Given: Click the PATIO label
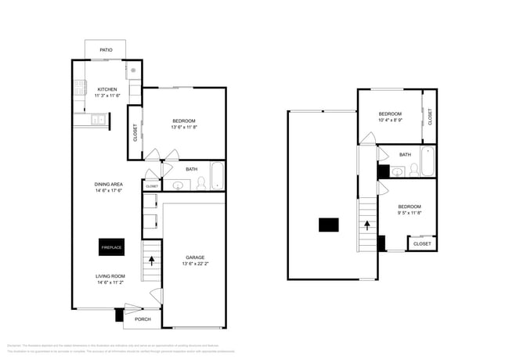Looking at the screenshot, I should coord(106,50).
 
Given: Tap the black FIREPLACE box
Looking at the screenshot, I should coord(110,247).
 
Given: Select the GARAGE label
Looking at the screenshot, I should coord(195,257).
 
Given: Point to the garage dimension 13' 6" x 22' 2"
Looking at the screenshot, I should coord(195,265).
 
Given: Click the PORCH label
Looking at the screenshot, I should coord(143,319).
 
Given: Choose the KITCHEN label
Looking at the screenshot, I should coord(107,89).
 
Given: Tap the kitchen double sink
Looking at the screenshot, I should coord(98,120).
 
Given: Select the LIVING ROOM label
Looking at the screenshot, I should coord(109,275).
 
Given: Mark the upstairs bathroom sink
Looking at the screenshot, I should coord(397,171).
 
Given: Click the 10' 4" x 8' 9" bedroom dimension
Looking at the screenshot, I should coord(390,121).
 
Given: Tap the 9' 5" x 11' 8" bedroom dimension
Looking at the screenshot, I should coord(410,212).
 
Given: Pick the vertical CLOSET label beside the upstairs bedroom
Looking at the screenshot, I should coord(430,117).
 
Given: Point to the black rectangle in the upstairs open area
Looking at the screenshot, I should coord(329,225).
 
